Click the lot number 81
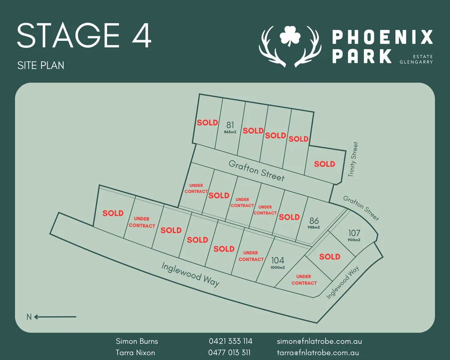(230, 125)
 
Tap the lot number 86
(314, 220)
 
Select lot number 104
(278, 260)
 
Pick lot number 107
(354, 233)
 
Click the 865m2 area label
(230, 132)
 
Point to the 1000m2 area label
(278, 268)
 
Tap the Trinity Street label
(352, 159)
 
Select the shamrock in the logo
(290, 36)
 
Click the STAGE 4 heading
(84, 36)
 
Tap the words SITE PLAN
(41, 65)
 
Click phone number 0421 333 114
(230, 341)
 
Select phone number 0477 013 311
(229, 352)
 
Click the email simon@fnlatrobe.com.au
(319, 341)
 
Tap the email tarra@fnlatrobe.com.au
(318, 352)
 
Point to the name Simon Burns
(137, 341)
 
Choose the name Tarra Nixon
(135, 352)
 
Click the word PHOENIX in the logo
(382, 37)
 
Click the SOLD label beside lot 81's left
(207, 123)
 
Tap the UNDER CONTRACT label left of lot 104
(251, 256)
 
